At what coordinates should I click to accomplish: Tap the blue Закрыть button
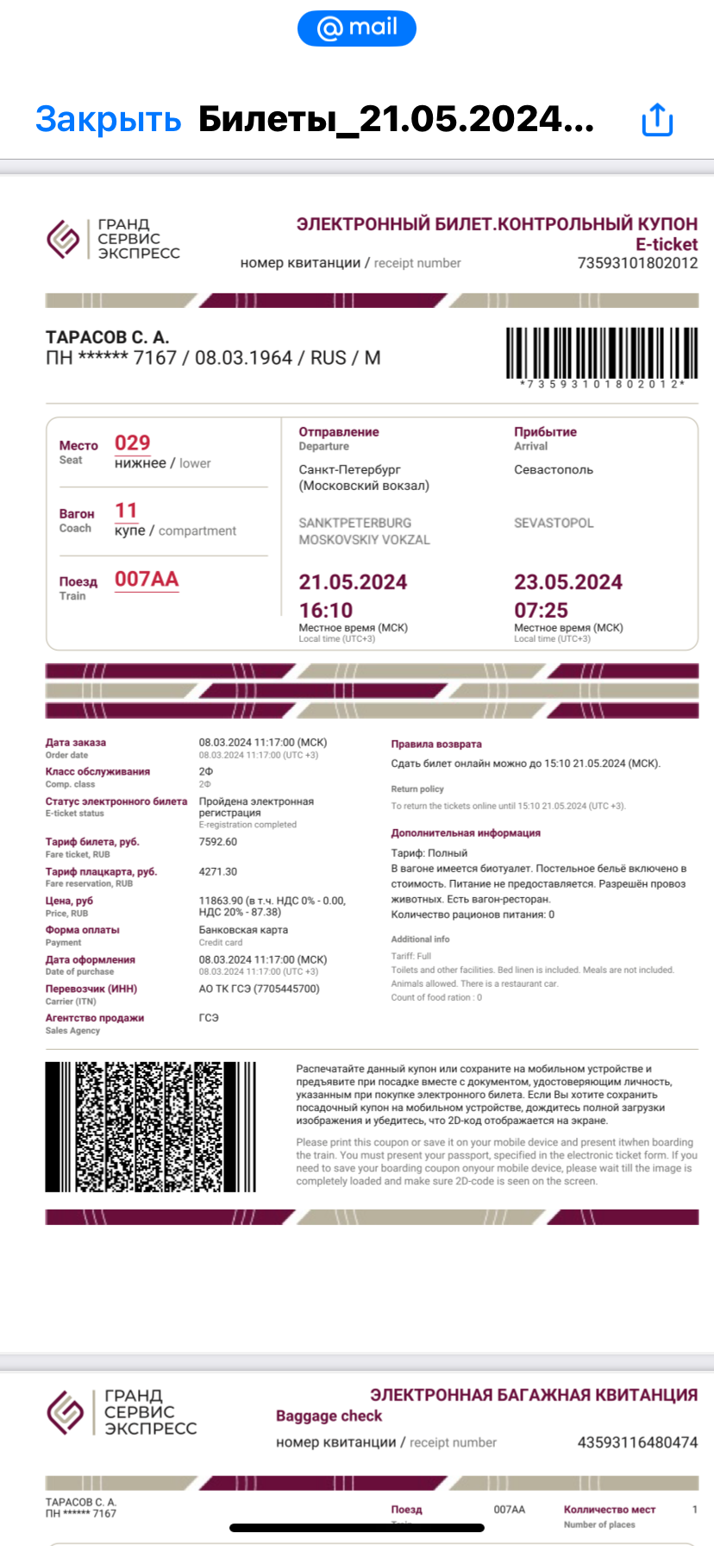(108, 119)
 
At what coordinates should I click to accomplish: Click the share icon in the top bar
(657, 119)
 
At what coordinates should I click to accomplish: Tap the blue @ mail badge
(357, 28)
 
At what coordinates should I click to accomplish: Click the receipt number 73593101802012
(637, 263)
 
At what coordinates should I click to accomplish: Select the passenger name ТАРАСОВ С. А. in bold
(107, 336)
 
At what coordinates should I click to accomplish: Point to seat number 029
(133, 443)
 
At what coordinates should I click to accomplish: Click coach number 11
(126, 511)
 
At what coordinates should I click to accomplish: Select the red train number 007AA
(147, 579)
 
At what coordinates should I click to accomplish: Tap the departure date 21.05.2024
(353, 582)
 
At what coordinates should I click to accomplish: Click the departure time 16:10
(326, 610)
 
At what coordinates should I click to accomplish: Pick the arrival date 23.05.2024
(568, 582)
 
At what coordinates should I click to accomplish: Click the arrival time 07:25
(541, 610)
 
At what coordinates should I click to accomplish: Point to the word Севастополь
(554, 469)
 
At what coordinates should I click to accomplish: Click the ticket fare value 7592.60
(218, 842)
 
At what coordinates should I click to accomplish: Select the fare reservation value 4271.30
(218, 871)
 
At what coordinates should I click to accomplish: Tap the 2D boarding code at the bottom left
(150, 1127)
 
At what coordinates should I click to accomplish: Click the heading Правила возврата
(436, 744)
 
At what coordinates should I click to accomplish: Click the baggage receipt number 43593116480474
(637, 1442)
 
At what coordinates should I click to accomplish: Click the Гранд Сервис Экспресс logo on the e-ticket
(113, 239)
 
